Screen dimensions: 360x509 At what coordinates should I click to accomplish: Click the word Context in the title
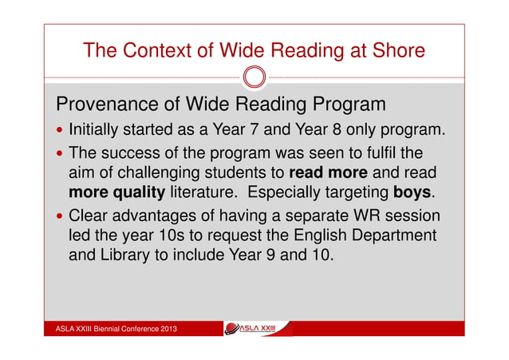pos(157,51)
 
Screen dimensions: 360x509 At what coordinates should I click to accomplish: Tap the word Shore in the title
pos(393,51)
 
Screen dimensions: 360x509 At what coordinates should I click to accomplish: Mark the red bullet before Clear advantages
pos(61,216)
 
